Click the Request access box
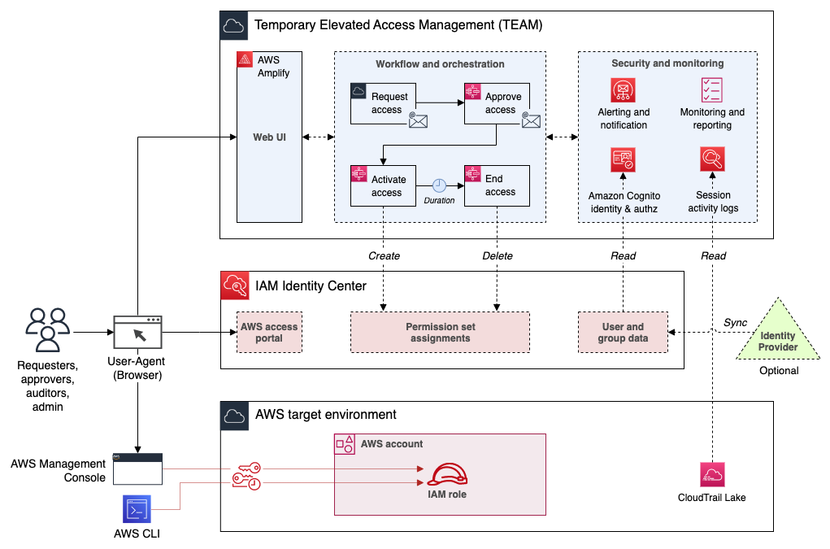pyautogui.click(x=383, y=103)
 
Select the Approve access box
pyautogui.click(x=497, y=103)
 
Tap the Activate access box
pyautogui.click(x=383, y=185)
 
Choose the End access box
pyautogui.click(x=497, y=185)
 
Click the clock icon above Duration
pyautogui.click(x=440, y=185)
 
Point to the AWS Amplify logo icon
pyautogui.click(x=245, y=60)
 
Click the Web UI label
pyautogui.click(x=268, y=137)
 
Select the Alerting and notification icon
pyautogui.click(x=624, y=89)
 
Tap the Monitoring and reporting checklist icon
pyautogui.click(x=712, y=89)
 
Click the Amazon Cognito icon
pyautogui.click(x=624, y=159)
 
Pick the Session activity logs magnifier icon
pyautogui.click(x=712, y=159)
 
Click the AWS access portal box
pyautogui.click(x=269, y=332)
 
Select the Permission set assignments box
pyautogui.click(x=440, y=332)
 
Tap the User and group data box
pyautogui.click(x=623, y=332)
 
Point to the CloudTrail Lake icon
pyautogui.click(x=712, y=475)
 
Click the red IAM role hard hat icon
pyautogui.click(x=447, y=475)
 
